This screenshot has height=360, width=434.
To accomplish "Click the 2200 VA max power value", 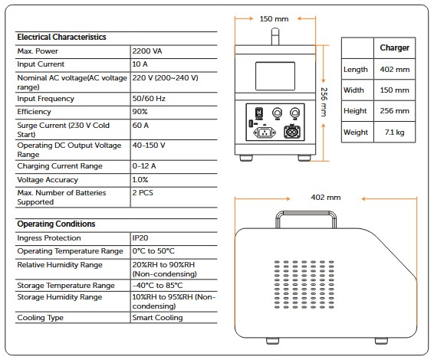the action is click(147, 51).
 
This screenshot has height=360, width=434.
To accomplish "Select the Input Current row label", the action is click(41, 64).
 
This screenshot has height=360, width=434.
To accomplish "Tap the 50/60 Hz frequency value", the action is click(149, 99).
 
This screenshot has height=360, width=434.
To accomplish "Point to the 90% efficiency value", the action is click(140, 112).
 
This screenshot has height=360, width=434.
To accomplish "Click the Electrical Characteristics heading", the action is click(61, 37).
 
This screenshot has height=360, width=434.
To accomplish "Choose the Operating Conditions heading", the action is click(56, 224).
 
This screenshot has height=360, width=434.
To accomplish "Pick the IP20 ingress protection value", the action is click(140, 238).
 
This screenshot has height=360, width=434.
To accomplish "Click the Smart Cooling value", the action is click(157, 318).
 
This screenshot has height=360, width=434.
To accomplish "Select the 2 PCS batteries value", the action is click(143, 193).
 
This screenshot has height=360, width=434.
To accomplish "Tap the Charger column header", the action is click(394, 47).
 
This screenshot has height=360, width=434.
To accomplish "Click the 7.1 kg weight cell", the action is click(394, 133).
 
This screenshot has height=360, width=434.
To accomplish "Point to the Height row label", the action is click(355, 111).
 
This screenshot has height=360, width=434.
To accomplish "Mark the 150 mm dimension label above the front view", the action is click(274, 19).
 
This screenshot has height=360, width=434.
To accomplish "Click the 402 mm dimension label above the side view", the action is click(326, 198).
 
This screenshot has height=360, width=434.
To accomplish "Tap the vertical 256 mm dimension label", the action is click(324, 102).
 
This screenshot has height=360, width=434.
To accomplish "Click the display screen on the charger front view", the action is click(275, 76).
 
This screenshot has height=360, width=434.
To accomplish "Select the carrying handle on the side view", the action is click(306, 213).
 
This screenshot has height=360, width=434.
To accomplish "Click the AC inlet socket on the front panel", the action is click(265, 133).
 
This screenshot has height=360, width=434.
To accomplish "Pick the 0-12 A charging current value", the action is click(144, 166).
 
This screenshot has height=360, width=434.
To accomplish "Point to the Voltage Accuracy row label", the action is click(48, 180).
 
